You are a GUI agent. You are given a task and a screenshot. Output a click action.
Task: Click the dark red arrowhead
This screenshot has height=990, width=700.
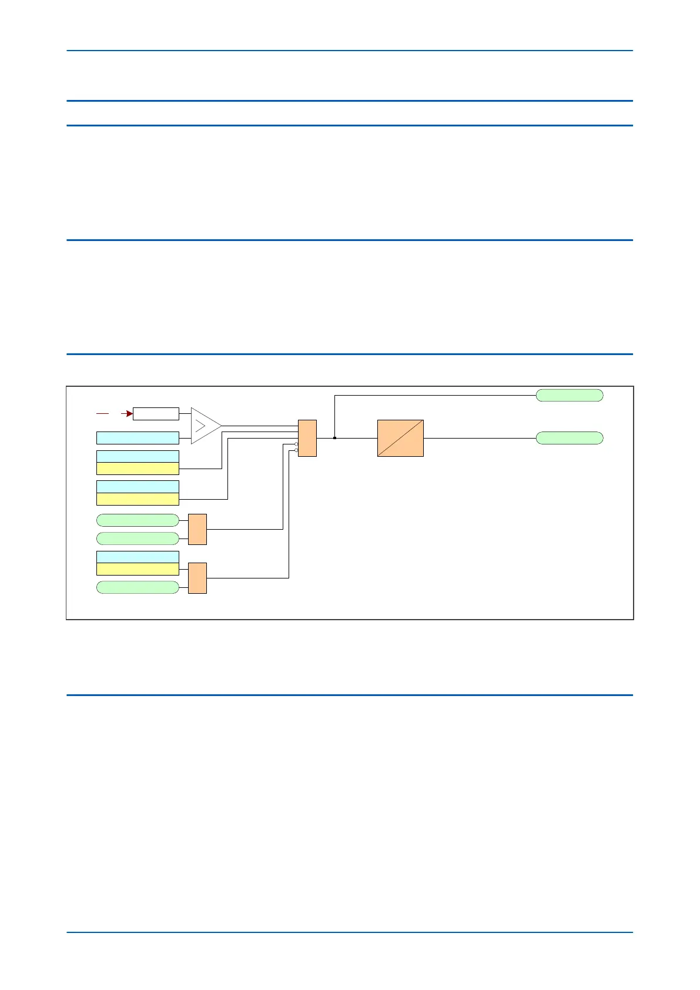[x=129, y=414]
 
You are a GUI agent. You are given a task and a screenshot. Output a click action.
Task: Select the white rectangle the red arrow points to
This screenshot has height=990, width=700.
[x=156, y=414]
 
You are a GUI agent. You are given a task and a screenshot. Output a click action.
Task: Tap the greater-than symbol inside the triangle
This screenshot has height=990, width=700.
[x=200, y=426]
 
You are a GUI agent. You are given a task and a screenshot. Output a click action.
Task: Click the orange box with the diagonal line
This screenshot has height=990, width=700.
[x=400, y=438]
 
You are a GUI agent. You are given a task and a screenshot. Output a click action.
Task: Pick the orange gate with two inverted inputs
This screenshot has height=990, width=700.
[x=307, y=438]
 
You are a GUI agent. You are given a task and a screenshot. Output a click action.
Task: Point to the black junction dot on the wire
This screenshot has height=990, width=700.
[x=334, y=438]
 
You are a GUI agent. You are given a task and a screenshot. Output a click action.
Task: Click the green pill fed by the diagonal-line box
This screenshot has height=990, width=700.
[x=570, y=438]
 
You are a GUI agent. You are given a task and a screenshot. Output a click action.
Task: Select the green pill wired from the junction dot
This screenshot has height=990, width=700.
[x=570, y=395]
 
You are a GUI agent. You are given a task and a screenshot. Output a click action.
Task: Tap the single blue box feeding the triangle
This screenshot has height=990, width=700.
[x=138, y=438]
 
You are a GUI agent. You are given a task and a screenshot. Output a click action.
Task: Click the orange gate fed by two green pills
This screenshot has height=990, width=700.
[x=197, y=529]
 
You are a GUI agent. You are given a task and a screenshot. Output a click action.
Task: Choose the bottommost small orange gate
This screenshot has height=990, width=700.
[x=197, y=578]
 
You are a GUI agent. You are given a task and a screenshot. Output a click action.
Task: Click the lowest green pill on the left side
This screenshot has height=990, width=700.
[x=138, y=587]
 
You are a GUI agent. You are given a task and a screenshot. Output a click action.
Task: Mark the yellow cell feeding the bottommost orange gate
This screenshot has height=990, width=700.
[x=138, y=569]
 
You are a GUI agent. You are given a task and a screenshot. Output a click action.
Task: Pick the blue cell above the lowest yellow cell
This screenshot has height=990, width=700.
[x=138, y=557]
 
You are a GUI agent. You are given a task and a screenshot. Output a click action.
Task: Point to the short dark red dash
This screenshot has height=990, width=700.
[x=102, y=414]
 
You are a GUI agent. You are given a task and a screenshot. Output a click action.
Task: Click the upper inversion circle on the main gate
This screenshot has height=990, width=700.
[x=296, y=444]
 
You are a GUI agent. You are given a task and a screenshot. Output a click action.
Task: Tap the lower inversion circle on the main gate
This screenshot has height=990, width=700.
[x=296, y=450]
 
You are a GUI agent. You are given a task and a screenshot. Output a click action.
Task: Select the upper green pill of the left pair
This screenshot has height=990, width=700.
[x=138, y=520]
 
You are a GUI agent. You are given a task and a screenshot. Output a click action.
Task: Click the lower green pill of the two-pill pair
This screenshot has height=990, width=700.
[x=138, y=539]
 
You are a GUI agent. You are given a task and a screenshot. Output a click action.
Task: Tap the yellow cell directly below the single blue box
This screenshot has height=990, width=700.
[x=138, y=469]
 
